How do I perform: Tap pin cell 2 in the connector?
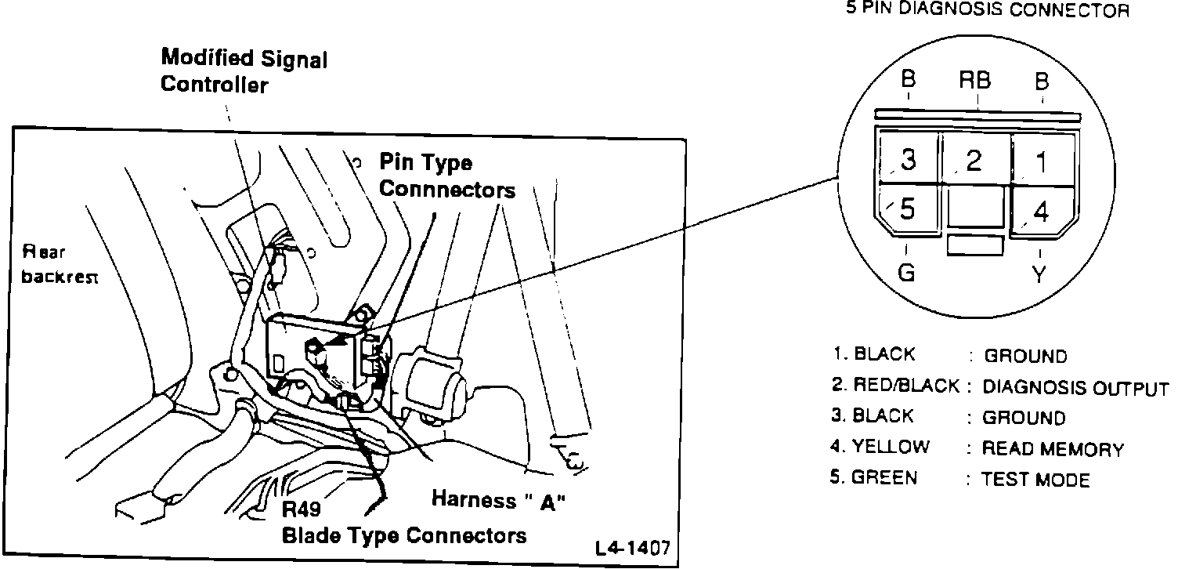(x=974, y=160)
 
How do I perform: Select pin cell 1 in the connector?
(x=1042, y=161)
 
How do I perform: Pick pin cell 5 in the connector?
(x=908, y=210)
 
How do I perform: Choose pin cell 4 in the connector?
(x=1042, y=212)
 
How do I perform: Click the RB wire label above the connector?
(x=975, y=80)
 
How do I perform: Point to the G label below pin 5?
(x=905, y=274)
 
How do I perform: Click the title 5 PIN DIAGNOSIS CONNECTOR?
(x=987, y=10)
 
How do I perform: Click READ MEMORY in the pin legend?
(x=1053, y=449)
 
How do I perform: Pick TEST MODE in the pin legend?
(x=1035, y=480)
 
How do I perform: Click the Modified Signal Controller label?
(x=244, y=71)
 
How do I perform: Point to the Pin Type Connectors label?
(x=446, y=176)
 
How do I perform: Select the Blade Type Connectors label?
(x=404, y=536)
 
